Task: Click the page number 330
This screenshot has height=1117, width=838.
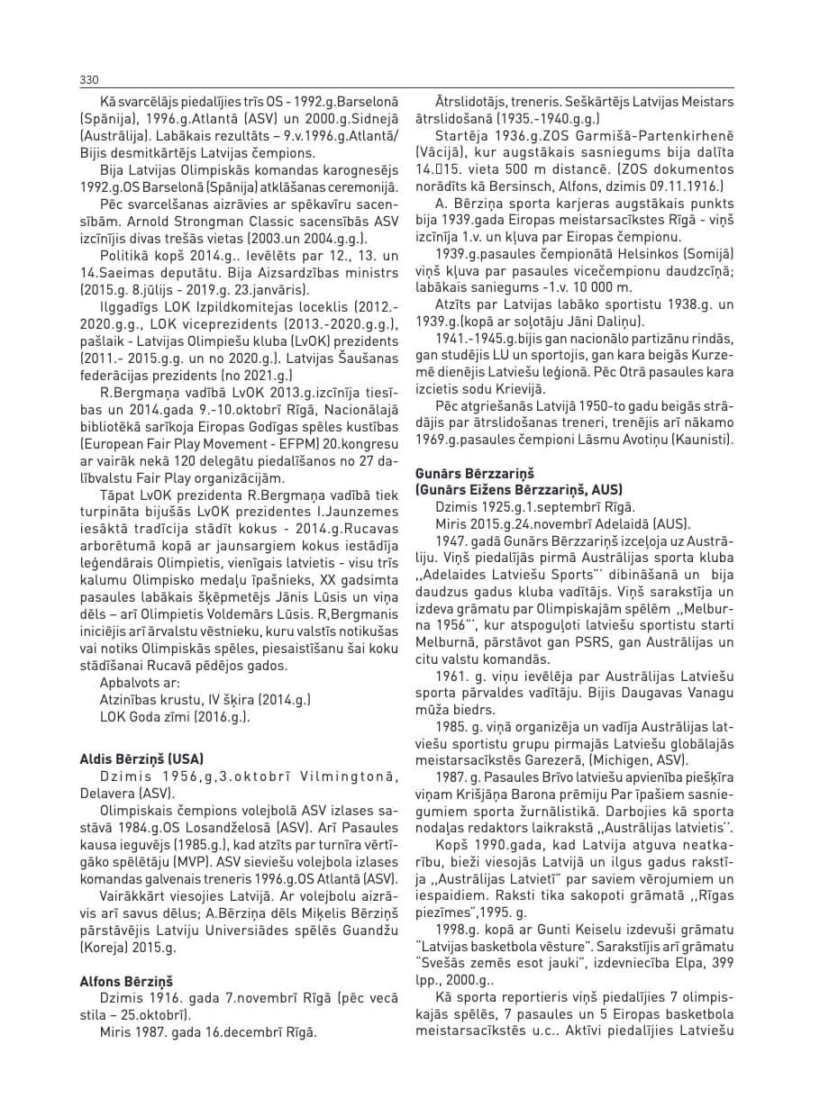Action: pyautogui.click(x=88, y=79)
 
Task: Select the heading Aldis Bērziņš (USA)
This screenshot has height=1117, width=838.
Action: pyautogui.click(x=142, y=758)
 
